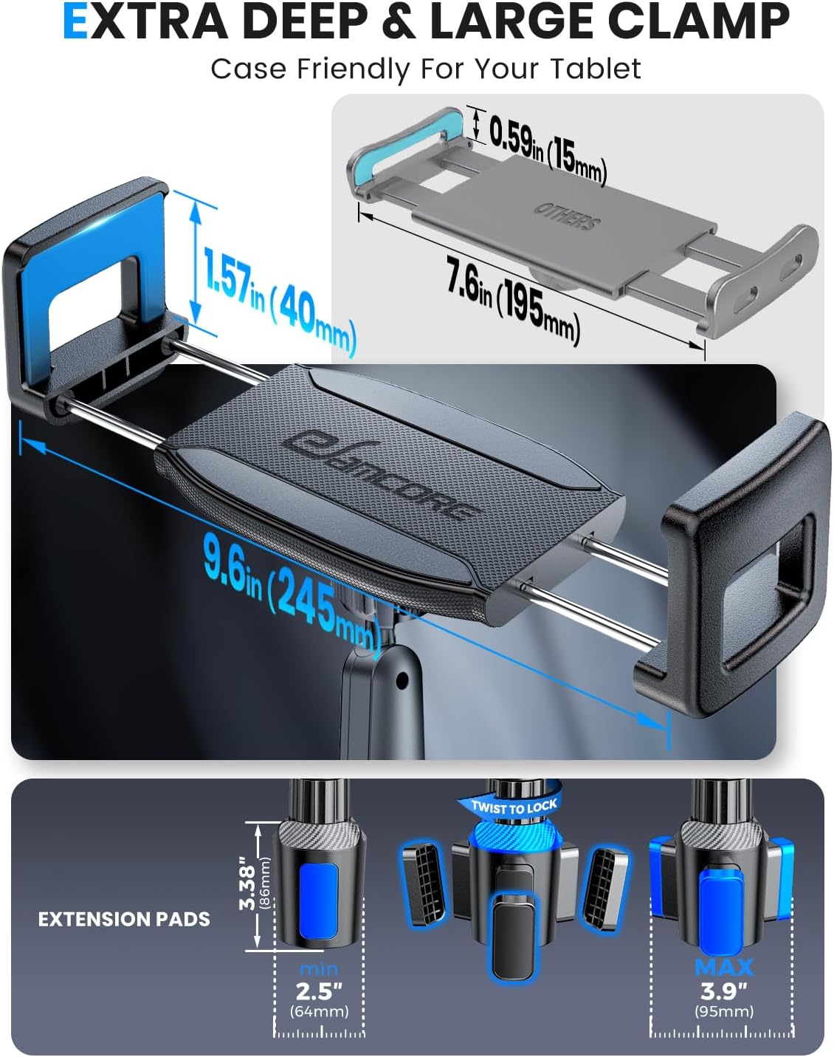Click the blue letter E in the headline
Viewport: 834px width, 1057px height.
(x=76, y=23)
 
